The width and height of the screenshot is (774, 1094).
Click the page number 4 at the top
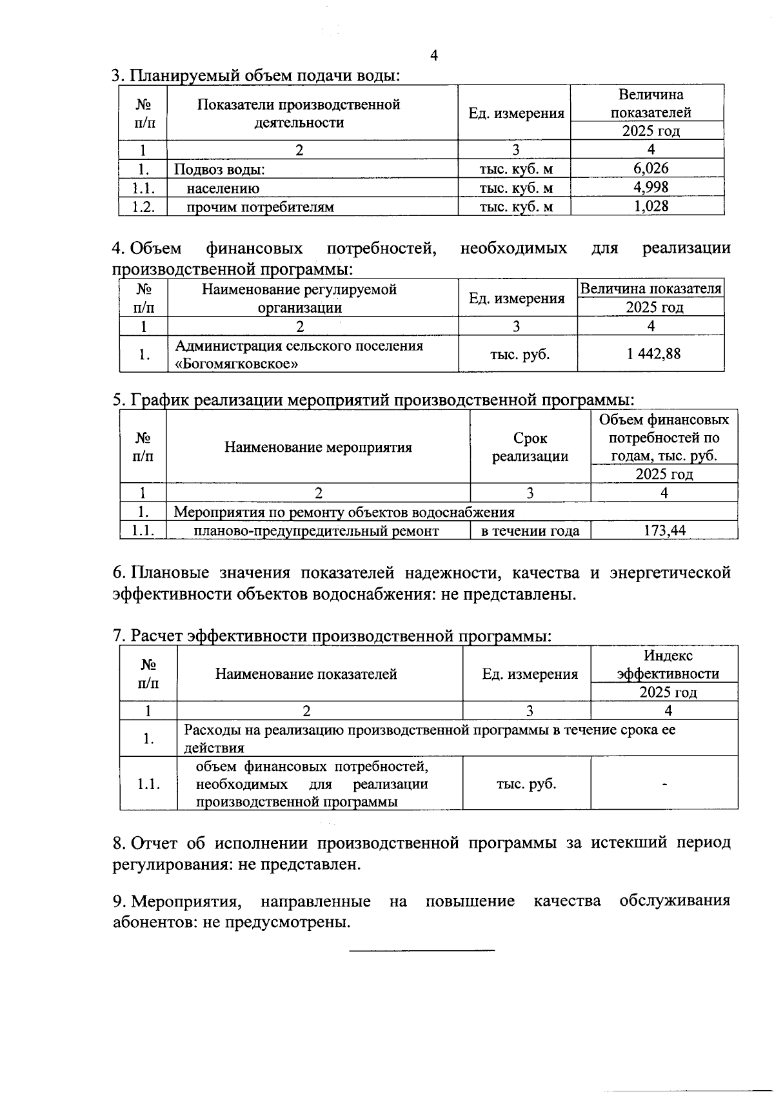coord(434,55)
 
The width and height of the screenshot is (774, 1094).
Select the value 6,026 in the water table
coord(651,168)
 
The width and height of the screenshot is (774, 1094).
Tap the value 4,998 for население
coord(651,187)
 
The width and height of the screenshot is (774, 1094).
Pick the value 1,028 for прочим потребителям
coord(651,206)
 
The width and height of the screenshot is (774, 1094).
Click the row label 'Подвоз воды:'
coord(220,170)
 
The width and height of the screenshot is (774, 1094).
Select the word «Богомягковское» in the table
coord(237,364)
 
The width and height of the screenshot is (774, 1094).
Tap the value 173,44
coord(664,531)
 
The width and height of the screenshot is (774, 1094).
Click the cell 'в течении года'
coord(530,531)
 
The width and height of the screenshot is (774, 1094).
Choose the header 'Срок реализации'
coord(530,447)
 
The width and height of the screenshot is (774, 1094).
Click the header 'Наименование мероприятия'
coord(318,447)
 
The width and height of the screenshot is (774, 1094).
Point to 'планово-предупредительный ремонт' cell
coord(316,531)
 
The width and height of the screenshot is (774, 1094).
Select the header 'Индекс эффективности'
coord(668,665)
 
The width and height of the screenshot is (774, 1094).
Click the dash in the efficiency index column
coord(664,784)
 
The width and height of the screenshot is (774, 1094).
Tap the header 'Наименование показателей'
coord(306,674)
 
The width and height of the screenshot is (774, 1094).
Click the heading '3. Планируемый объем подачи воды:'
coord(256,75)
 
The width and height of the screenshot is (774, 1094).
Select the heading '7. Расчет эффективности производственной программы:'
coord(332,636)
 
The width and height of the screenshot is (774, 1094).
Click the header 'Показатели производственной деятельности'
coord(299,113)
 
